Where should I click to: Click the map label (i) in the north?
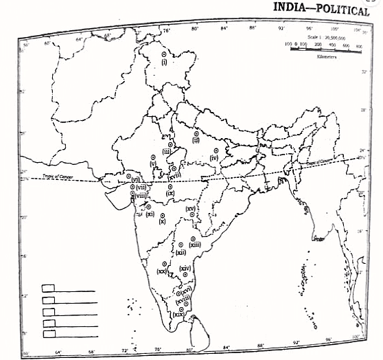coord(165,62)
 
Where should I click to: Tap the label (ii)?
coord(196,140)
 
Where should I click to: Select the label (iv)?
coord(214,158)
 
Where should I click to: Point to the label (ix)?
coord(170,194)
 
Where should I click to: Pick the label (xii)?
coord(181,252)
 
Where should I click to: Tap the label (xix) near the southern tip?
coord(178,315)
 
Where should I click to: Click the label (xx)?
coord(162,271)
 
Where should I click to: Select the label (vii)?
coord(140,187)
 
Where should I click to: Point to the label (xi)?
coord(150,214)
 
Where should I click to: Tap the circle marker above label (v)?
coord(152,157)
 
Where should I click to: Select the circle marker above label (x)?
coord(163,215)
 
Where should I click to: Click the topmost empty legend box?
coord(49,289)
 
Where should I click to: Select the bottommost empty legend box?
coord(49,334)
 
